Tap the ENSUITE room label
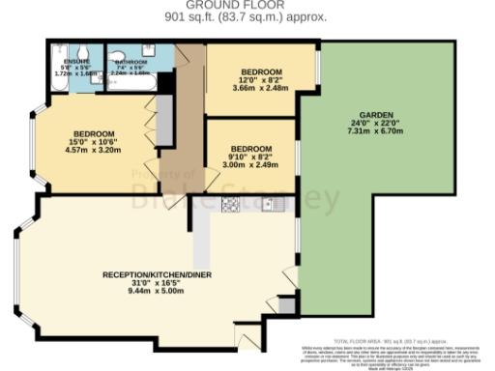[65, 60]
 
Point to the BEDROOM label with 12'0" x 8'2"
[261, 72]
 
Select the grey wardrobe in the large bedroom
[164, 120]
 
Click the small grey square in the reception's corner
[283, 305]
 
